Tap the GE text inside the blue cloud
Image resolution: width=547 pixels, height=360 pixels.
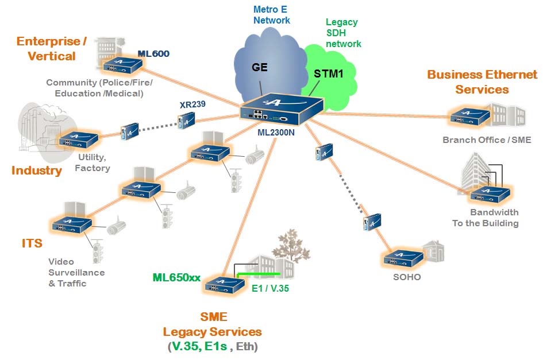260,67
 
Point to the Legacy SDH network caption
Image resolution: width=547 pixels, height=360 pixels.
343,33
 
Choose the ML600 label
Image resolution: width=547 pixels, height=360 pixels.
153,54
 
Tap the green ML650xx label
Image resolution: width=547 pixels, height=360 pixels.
176,278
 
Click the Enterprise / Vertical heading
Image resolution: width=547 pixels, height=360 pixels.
52,48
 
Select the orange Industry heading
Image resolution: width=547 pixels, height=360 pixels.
37,171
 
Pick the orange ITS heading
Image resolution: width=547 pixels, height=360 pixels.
32,243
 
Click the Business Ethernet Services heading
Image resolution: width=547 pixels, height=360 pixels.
482,82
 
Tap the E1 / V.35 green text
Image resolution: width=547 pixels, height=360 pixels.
270,289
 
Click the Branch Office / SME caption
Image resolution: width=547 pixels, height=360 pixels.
487,140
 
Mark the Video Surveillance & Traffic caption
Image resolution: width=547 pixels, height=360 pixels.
76,273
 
